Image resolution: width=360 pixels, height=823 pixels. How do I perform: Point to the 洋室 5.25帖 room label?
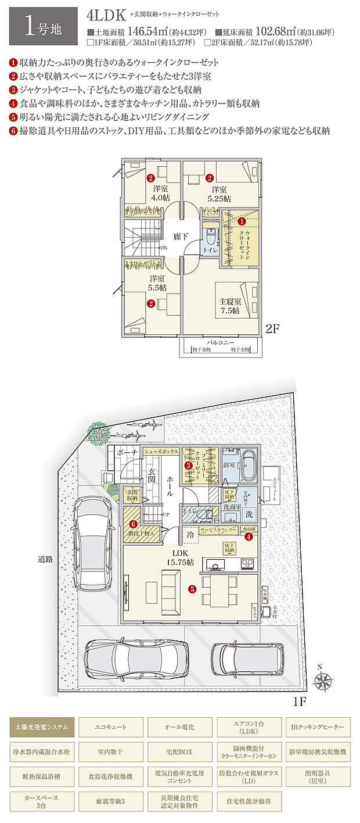pyautogui.click(x=219, y=194)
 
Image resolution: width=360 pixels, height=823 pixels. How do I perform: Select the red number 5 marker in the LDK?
pyautogui.click(x=192, y=588)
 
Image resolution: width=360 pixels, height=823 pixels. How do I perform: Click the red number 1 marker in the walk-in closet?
pyautogui.click(x=242, y=221)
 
